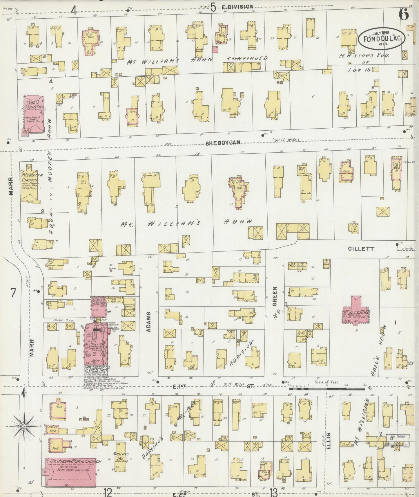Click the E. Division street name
tap(237, 7)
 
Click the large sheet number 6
tap(404, 14)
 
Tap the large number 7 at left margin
tap(13, 293)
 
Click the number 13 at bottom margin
tap(274, 491)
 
